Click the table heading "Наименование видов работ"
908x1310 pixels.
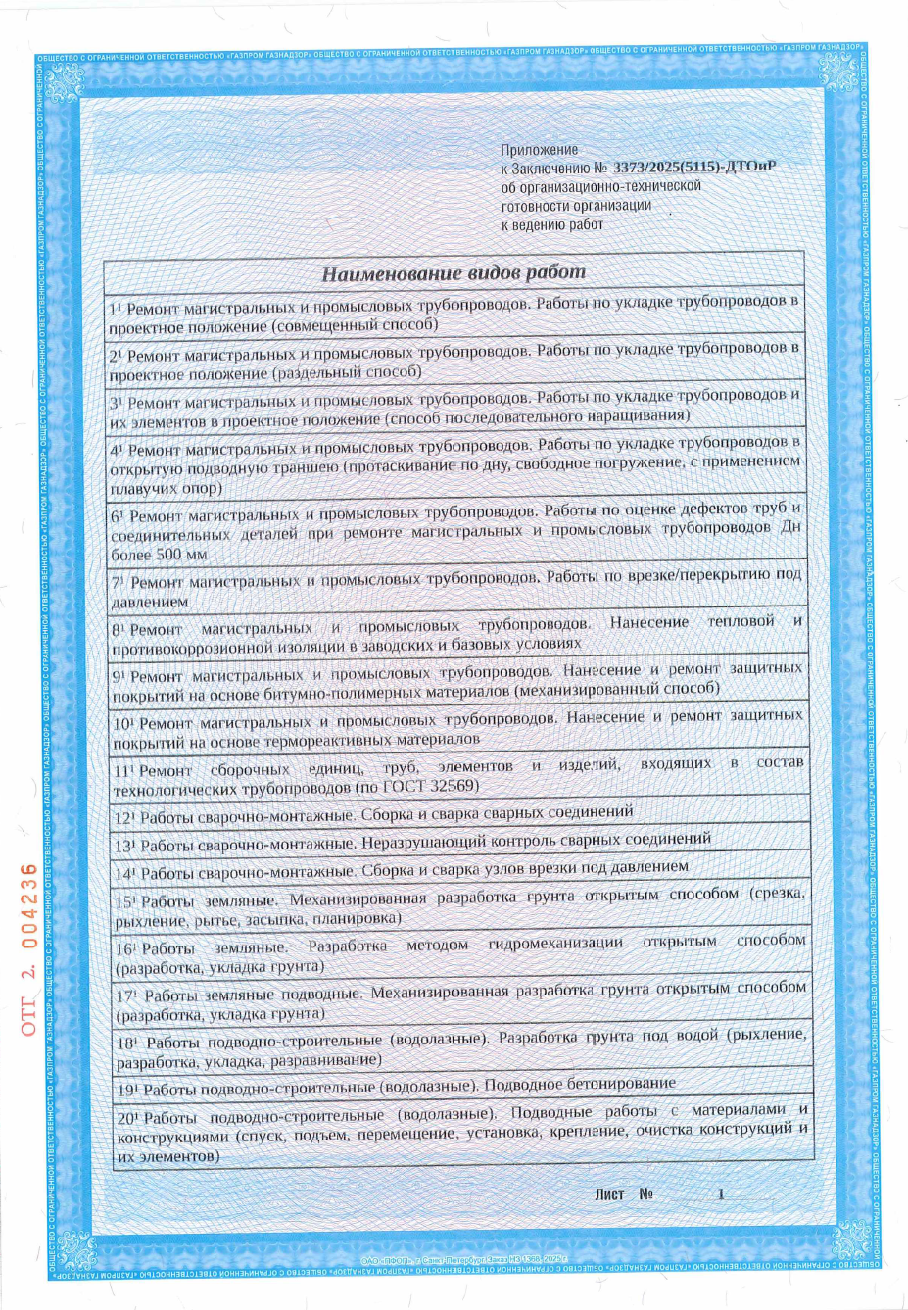[x=454, y=272]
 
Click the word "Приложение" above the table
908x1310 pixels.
[x=540, y=150]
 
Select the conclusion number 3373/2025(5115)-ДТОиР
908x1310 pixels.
[x=694, y=168]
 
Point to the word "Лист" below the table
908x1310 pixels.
[x=608, y=1194]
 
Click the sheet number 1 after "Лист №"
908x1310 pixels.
[x=721, y=1194]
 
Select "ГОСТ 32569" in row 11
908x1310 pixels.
[x=430, y=787]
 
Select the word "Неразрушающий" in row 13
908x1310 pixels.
[x=421, y=842]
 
